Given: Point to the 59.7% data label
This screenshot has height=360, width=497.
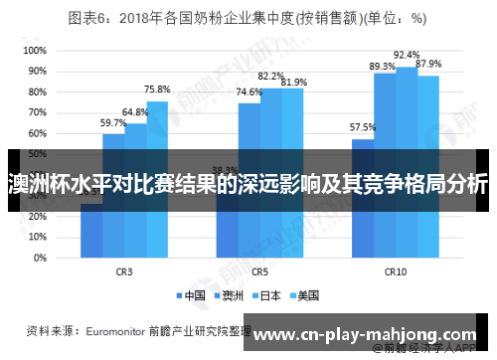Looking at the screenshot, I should [x=113, y=122].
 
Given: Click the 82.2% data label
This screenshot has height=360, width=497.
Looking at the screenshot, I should [x=271, y=76].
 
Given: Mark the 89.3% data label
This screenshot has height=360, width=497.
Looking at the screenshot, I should [x=383, y=66].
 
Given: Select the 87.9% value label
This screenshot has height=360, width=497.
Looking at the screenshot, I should [x=428, y=64].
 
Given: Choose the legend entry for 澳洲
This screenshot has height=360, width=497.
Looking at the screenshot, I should [x=230, y=294].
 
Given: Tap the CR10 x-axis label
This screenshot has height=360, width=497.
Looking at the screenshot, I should [x=395, y=270].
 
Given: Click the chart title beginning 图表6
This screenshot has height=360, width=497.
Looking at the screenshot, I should [x=248, y=18].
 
